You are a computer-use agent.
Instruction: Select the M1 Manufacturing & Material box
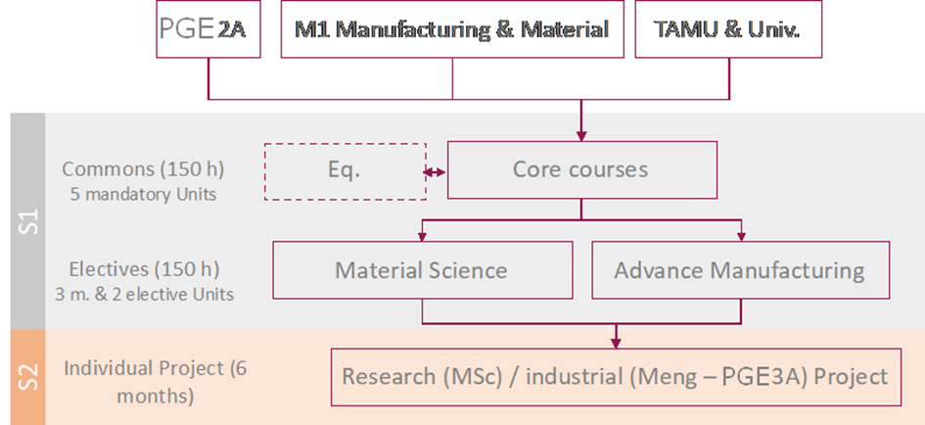(451, 29)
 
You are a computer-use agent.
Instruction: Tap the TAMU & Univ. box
(728, 29)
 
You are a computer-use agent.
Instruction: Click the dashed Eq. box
(345, 170)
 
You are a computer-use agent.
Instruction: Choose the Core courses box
(580, 169)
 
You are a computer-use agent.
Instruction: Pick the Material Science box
(421, 269)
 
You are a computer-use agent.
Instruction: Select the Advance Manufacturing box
(739, 269)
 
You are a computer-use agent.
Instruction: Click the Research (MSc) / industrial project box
(615, 376)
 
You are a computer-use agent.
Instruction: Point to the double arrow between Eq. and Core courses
(436, 171)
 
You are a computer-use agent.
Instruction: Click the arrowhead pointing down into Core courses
(580, 136)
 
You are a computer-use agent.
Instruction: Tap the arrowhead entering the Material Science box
(422, 236)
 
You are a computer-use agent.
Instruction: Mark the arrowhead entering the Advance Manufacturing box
(740, 236)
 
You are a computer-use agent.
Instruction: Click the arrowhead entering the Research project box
(615, 342)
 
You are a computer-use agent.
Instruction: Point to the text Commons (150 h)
(143, 168)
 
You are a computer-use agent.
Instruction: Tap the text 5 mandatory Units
(143, 193)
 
